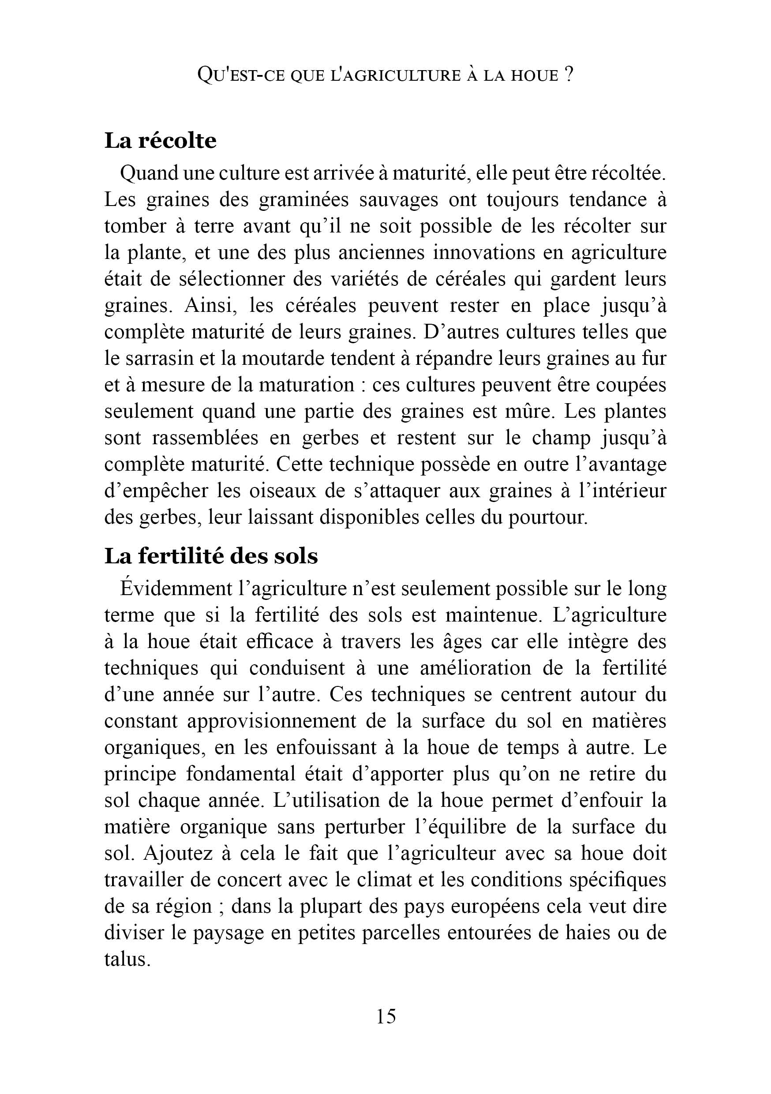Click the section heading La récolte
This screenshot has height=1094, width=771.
coord(160,141)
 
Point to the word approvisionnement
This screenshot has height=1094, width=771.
coord(271,721)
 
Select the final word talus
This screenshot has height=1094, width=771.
coord(126,959)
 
